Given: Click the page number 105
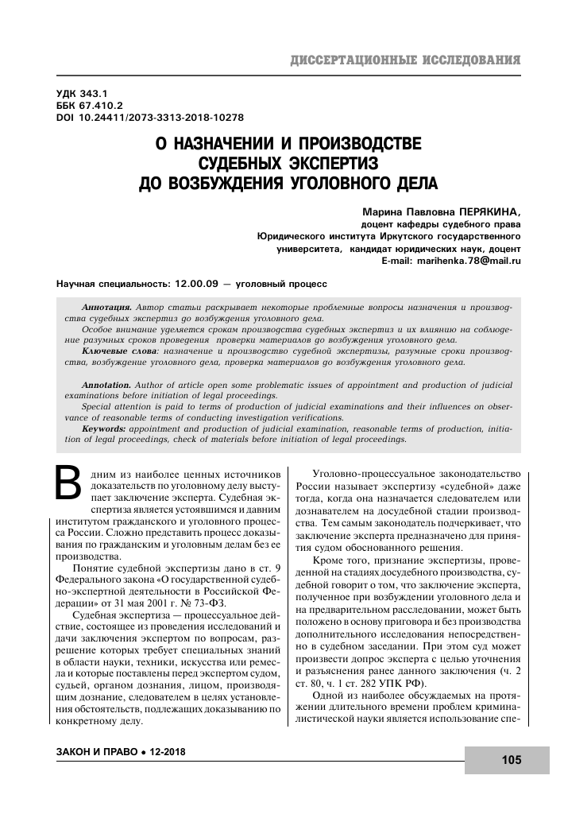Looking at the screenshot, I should tap(511, 760).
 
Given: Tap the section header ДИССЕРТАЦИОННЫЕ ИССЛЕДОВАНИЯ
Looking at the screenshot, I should tap(406, 60).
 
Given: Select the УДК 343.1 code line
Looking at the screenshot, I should tap(82, 93).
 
